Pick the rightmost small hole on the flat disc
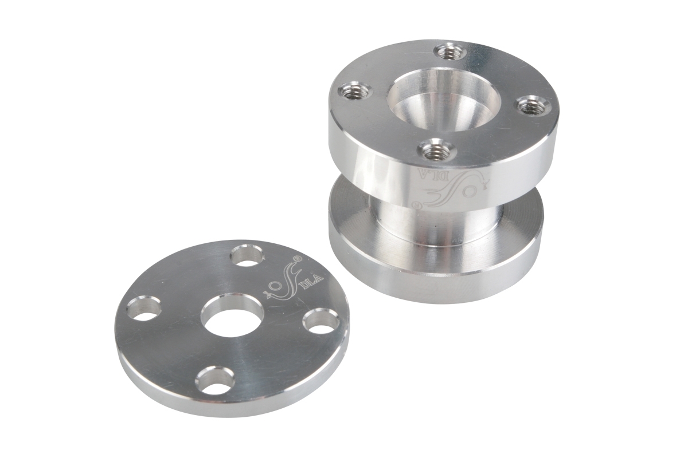tap(321, 322)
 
